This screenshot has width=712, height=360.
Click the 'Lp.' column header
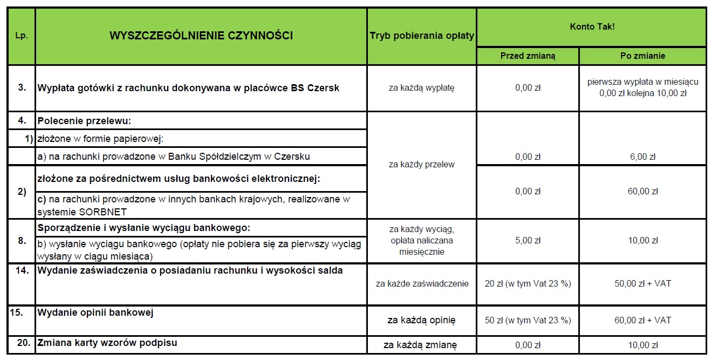pos(22,37)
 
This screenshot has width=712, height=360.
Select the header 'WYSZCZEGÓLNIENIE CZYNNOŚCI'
pos(201,36)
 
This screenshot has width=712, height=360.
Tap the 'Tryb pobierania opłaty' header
pos(422,36)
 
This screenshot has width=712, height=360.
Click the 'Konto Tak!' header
pos(592,26)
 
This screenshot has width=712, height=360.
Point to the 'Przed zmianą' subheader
pos(528,56)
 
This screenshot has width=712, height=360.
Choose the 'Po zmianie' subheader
pos(642,56)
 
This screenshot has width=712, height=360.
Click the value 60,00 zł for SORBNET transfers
pos(642,192)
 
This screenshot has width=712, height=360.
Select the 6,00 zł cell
pos(642,157)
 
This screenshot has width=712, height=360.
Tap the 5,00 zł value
pos(528,240)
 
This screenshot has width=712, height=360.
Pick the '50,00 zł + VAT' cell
pos(642,283)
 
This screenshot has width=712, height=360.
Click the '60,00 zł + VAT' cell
pos(642,320)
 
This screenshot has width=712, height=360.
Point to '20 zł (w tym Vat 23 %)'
pos(528,283)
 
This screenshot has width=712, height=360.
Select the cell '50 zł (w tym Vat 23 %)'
pos(528,320)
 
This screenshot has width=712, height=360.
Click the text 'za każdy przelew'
pos(422,165)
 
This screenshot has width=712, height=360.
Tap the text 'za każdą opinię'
pos(422,320)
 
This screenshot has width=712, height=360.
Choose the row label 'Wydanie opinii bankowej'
pos(96,313)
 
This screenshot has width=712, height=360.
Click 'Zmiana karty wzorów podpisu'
pos(107,343)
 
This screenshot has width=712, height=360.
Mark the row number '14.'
pos(22,270)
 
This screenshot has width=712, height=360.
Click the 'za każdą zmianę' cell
pos(422,345)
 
